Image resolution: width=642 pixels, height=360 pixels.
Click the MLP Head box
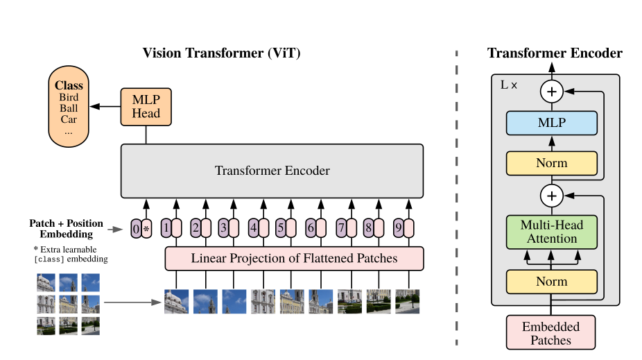[x=146, y=107]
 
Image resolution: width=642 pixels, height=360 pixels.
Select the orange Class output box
[x=69, y=107]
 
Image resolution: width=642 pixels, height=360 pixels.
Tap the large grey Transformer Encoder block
[x=272, y=171]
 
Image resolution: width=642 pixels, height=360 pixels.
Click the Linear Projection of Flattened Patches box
[x=294, y=259]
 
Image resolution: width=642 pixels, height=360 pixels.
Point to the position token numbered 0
[x=136, y=228]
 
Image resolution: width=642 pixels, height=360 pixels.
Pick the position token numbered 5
[x=281, y=228]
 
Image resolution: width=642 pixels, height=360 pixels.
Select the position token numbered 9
[x=399, y=228]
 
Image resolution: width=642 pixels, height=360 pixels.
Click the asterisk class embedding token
[x=146, y=228]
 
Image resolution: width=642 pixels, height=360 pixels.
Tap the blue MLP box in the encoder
[x=551, y=123]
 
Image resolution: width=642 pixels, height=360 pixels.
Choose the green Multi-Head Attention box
[x=551, y=232]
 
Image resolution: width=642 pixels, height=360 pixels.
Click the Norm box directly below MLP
[x=551, y=163]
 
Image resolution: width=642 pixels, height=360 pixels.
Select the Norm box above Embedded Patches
[x=551, y=282]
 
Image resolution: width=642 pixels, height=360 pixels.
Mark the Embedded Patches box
[x=550, y=332]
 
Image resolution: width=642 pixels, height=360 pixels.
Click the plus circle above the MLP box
[x=551, y=92]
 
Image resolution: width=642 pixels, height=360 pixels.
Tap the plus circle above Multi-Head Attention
[x=551, y=196]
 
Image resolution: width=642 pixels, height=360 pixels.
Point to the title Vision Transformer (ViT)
[x=221, y=53]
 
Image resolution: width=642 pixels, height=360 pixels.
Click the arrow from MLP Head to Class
[x=105, y=107]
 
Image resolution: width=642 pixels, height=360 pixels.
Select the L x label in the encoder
[x=509, y=85]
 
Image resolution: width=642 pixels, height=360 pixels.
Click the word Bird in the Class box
[x=69, y=97]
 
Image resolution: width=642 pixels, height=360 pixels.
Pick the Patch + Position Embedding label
[x=67, y=228]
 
